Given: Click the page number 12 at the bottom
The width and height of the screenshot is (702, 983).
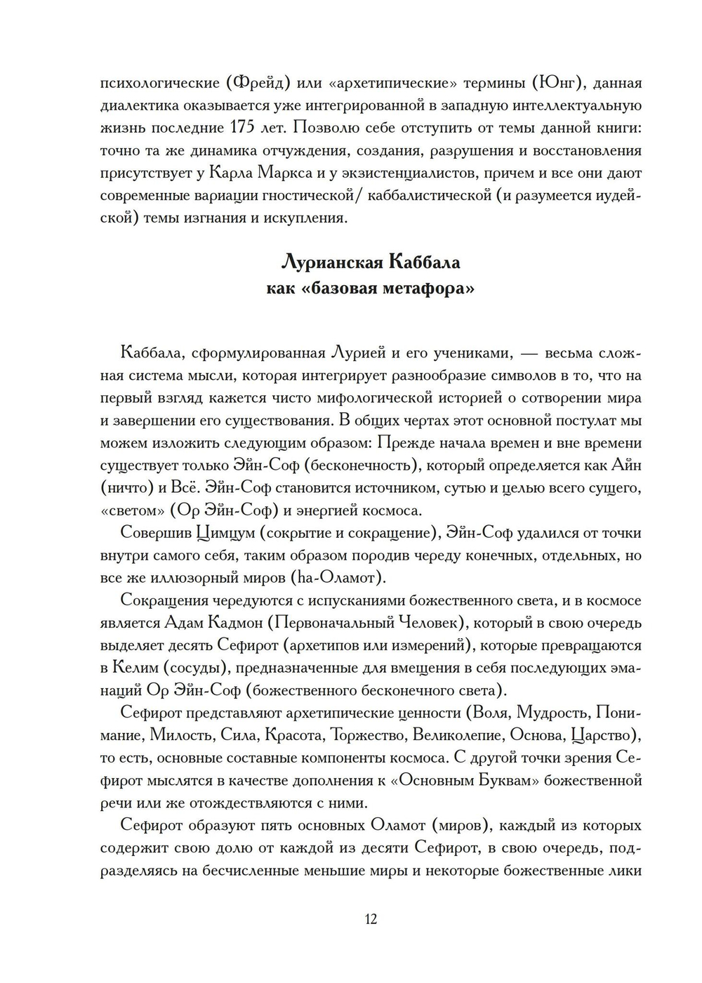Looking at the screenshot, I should [x=371, y=919].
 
